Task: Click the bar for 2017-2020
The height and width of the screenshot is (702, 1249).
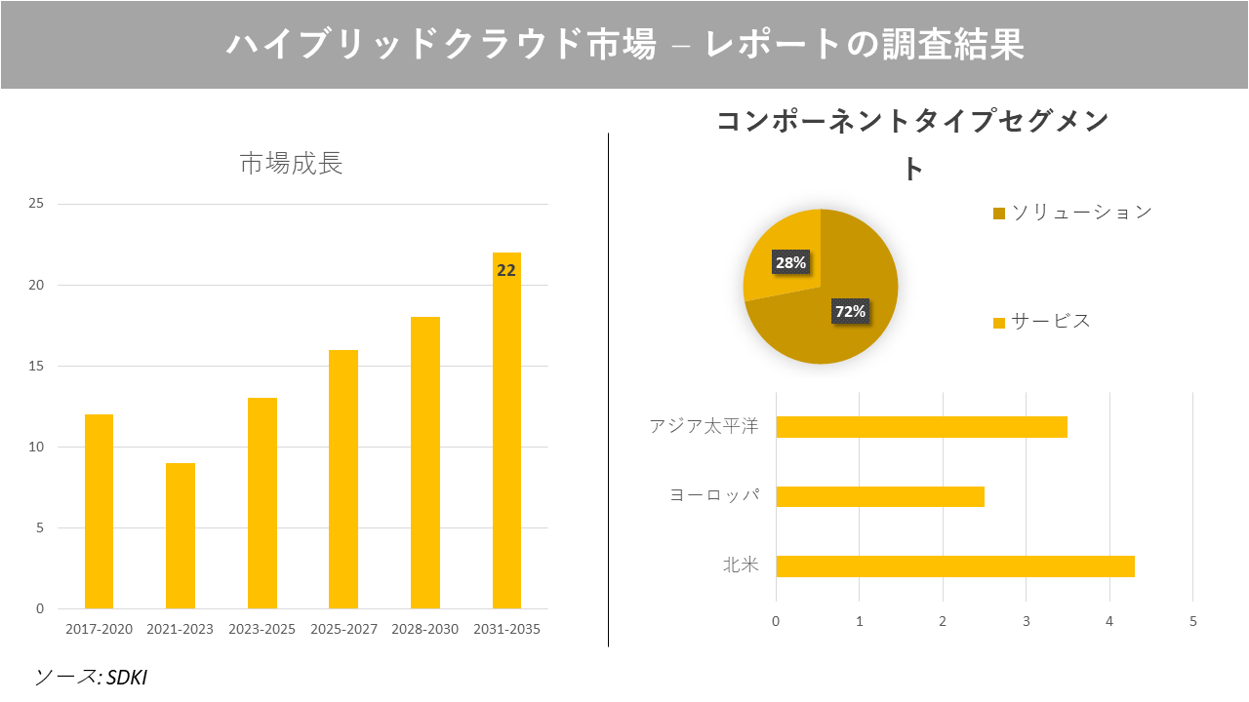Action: [x=99, y=512]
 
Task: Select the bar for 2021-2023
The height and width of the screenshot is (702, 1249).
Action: [x=181, y=536]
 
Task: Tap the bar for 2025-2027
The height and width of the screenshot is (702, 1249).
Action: [x=343, y=480]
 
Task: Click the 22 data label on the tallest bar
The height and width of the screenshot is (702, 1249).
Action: [x=506, y=271]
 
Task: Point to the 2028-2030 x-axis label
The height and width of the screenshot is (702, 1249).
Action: [x=424, y=629]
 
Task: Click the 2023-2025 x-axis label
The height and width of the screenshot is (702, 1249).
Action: [x=262, y=629]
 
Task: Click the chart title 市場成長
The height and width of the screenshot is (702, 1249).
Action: [x=291, y=164]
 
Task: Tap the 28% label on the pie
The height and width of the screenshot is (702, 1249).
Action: [x=790, y=262]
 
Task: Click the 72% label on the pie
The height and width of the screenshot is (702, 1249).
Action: [x=850, y=312]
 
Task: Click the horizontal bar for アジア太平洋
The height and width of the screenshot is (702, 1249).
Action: [x=921, y=427]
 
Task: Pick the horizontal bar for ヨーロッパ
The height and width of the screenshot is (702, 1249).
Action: [x=879, y=496]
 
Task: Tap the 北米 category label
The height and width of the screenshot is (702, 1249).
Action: [x=740, y=565]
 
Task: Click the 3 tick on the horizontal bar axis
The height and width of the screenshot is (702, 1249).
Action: [x=1027, y=621]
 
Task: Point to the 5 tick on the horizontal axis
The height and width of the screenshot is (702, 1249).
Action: [x=1192, y=621]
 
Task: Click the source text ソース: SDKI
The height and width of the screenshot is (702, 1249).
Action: [x=90, y=677]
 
